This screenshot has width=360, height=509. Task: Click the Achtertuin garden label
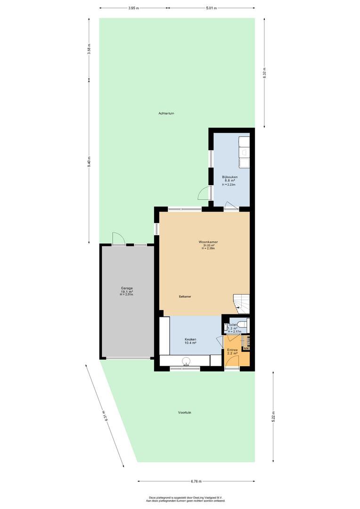point(166,113)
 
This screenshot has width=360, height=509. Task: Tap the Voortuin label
point(184,412)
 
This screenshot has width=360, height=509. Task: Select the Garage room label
point(127,288)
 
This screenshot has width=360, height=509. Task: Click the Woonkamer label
point(208,242)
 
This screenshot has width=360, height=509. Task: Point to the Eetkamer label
point(185,297)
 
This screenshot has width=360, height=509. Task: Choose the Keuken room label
point(190,339)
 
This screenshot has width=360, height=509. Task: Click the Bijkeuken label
point(230,177)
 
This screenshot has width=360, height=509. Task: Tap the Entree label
point(232,350)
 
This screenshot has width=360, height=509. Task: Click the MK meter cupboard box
point(246,349)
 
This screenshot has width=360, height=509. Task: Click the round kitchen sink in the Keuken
point(186,361)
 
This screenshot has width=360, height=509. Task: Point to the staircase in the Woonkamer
point(241,304)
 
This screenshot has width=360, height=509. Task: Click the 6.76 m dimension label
point(196,481)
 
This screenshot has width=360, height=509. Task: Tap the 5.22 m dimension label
point(274,417)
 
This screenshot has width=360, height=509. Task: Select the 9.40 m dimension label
point(89,161)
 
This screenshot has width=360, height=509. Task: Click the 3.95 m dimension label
point(133,8)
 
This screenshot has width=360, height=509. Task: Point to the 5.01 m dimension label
point(211,8)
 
